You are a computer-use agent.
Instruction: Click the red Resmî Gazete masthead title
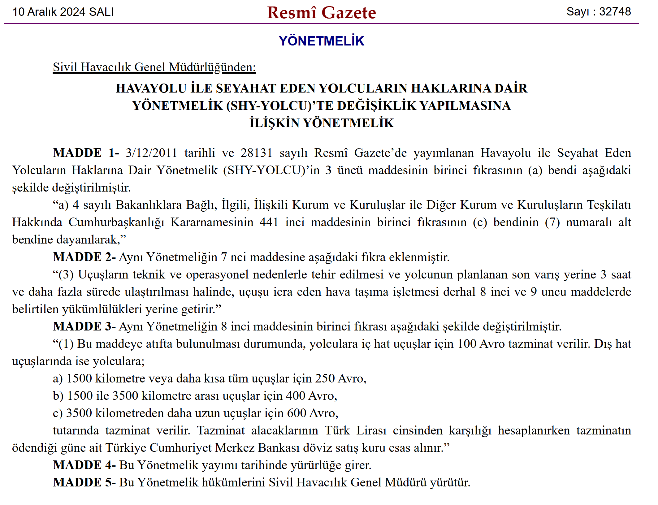321,13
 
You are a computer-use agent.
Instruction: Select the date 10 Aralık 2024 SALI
63,12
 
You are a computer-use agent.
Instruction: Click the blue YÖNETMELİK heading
321,41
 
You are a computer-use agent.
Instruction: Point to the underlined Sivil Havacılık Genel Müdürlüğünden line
154,67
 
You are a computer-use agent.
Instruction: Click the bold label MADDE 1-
86,153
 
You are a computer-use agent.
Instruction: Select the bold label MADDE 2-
84,257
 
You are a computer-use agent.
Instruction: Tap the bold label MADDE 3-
84,326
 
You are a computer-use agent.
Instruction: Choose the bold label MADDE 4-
84,465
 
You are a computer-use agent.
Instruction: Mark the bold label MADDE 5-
84,482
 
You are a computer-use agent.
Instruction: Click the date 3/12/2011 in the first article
151,153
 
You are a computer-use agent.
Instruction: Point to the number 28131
257,153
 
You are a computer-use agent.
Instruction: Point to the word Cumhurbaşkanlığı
116,222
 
